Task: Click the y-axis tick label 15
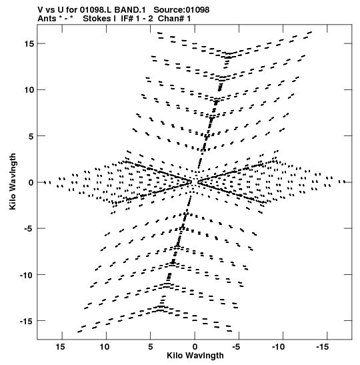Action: coord(29,43)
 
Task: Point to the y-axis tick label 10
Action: coord(29,89)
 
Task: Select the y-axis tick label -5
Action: coord(29,228)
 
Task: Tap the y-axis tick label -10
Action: coord(27,275)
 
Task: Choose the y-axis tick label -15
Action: coord(27,321)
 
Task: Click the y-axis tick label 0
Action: coord(31,182)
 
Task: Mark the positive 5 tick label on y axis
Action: coord(31,136)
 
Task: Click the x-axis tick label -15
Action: coord(322,347)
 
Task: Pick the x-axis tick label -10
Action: coord(278,347)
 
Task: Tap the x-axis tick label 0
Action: coord(195,347)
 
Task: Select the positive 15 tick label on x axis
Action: coord(60,347)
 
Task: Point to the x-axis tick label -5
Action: coord(236,347)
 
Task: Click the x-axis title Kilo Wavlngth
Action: coord(195,356)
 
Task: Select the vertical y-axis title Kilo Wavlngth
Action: coord(13,181)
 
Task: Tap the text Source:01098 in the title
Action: coord(181,10)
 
